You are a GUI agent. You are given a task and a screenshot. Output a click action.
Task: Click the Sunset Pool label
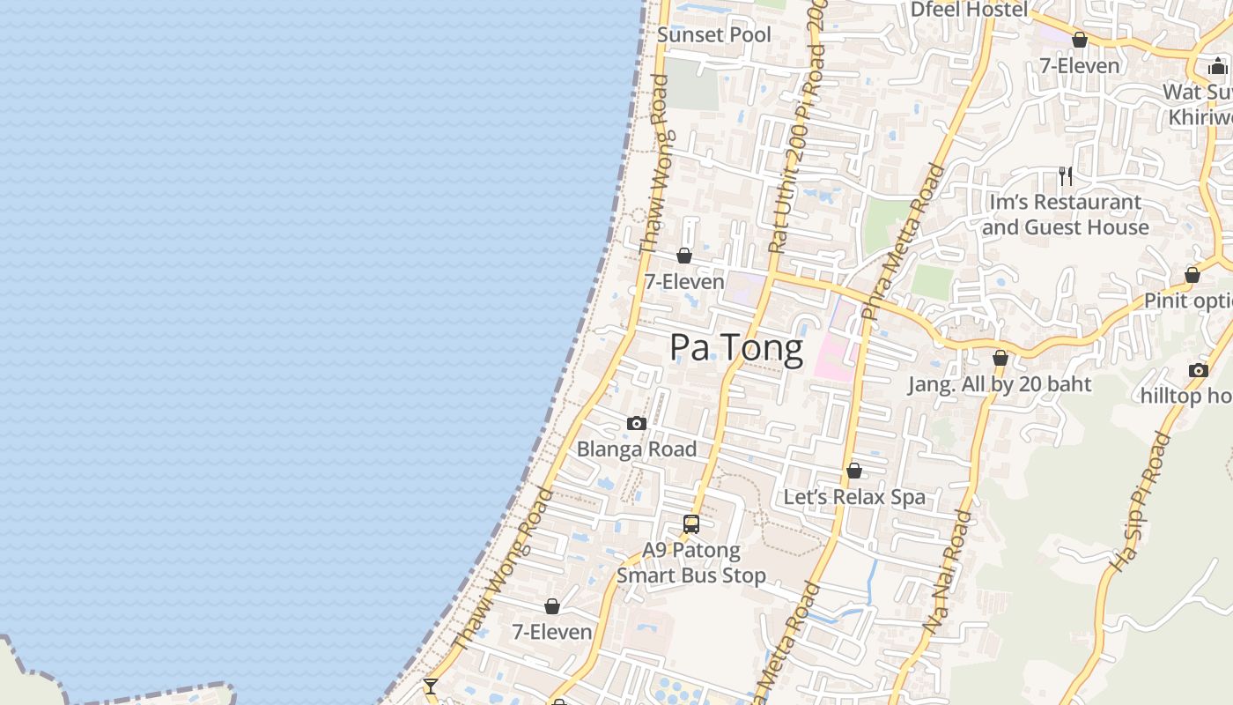tap(714, 35)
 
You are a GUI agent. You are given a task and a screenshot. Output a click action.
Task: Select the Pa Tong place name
tap(736, 348)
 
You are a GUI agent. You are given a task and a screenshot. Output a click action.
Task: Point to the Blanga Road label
tap(637, 449)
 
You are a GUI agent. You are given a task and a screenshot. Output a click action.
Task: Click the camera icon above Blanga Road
tap(637, 424)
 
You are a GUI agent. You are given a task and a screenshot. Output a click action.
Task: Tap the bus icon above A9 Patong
tap(691, 524)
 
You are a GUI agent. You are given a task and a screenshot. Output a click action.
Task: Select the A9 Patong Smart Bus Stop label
tap(691, 563)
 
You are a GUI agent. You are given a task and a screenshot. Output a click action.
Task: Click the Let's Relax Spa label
tap(854, 497)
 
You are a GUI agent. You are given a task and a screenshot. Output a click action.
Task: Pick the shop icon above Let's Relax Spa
tap(854, 471)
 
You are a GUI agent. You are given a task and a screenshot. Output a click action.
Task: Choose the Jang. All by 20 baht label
tap(1000, 384)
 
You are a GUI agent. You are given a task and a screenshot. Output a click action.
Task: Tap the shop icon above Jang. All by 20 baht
tap(1000, 359)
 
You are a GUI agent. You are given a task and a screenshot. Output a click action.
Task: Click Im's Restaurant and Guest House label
tap(1066, 215)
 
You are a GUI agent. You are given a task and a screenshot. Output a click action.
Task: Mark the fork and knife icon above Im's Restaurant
tap(1066, 176)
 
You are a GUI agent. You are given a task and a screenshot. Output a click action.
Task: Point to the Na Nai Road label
tap(949, 573)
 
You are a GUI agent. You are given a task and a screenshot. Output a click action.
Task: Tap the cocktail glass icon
tap(430, 686)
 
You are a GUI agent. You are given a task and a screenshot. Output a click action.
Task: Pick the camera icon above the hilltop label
tap(1198, 370)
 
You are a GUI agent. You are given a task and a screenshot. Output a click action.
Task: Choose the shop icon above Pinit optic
tap(1192, 276)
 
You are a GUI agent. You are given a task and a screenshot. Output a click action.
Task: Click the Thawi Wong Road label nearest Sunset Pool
tap(656, 163)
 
